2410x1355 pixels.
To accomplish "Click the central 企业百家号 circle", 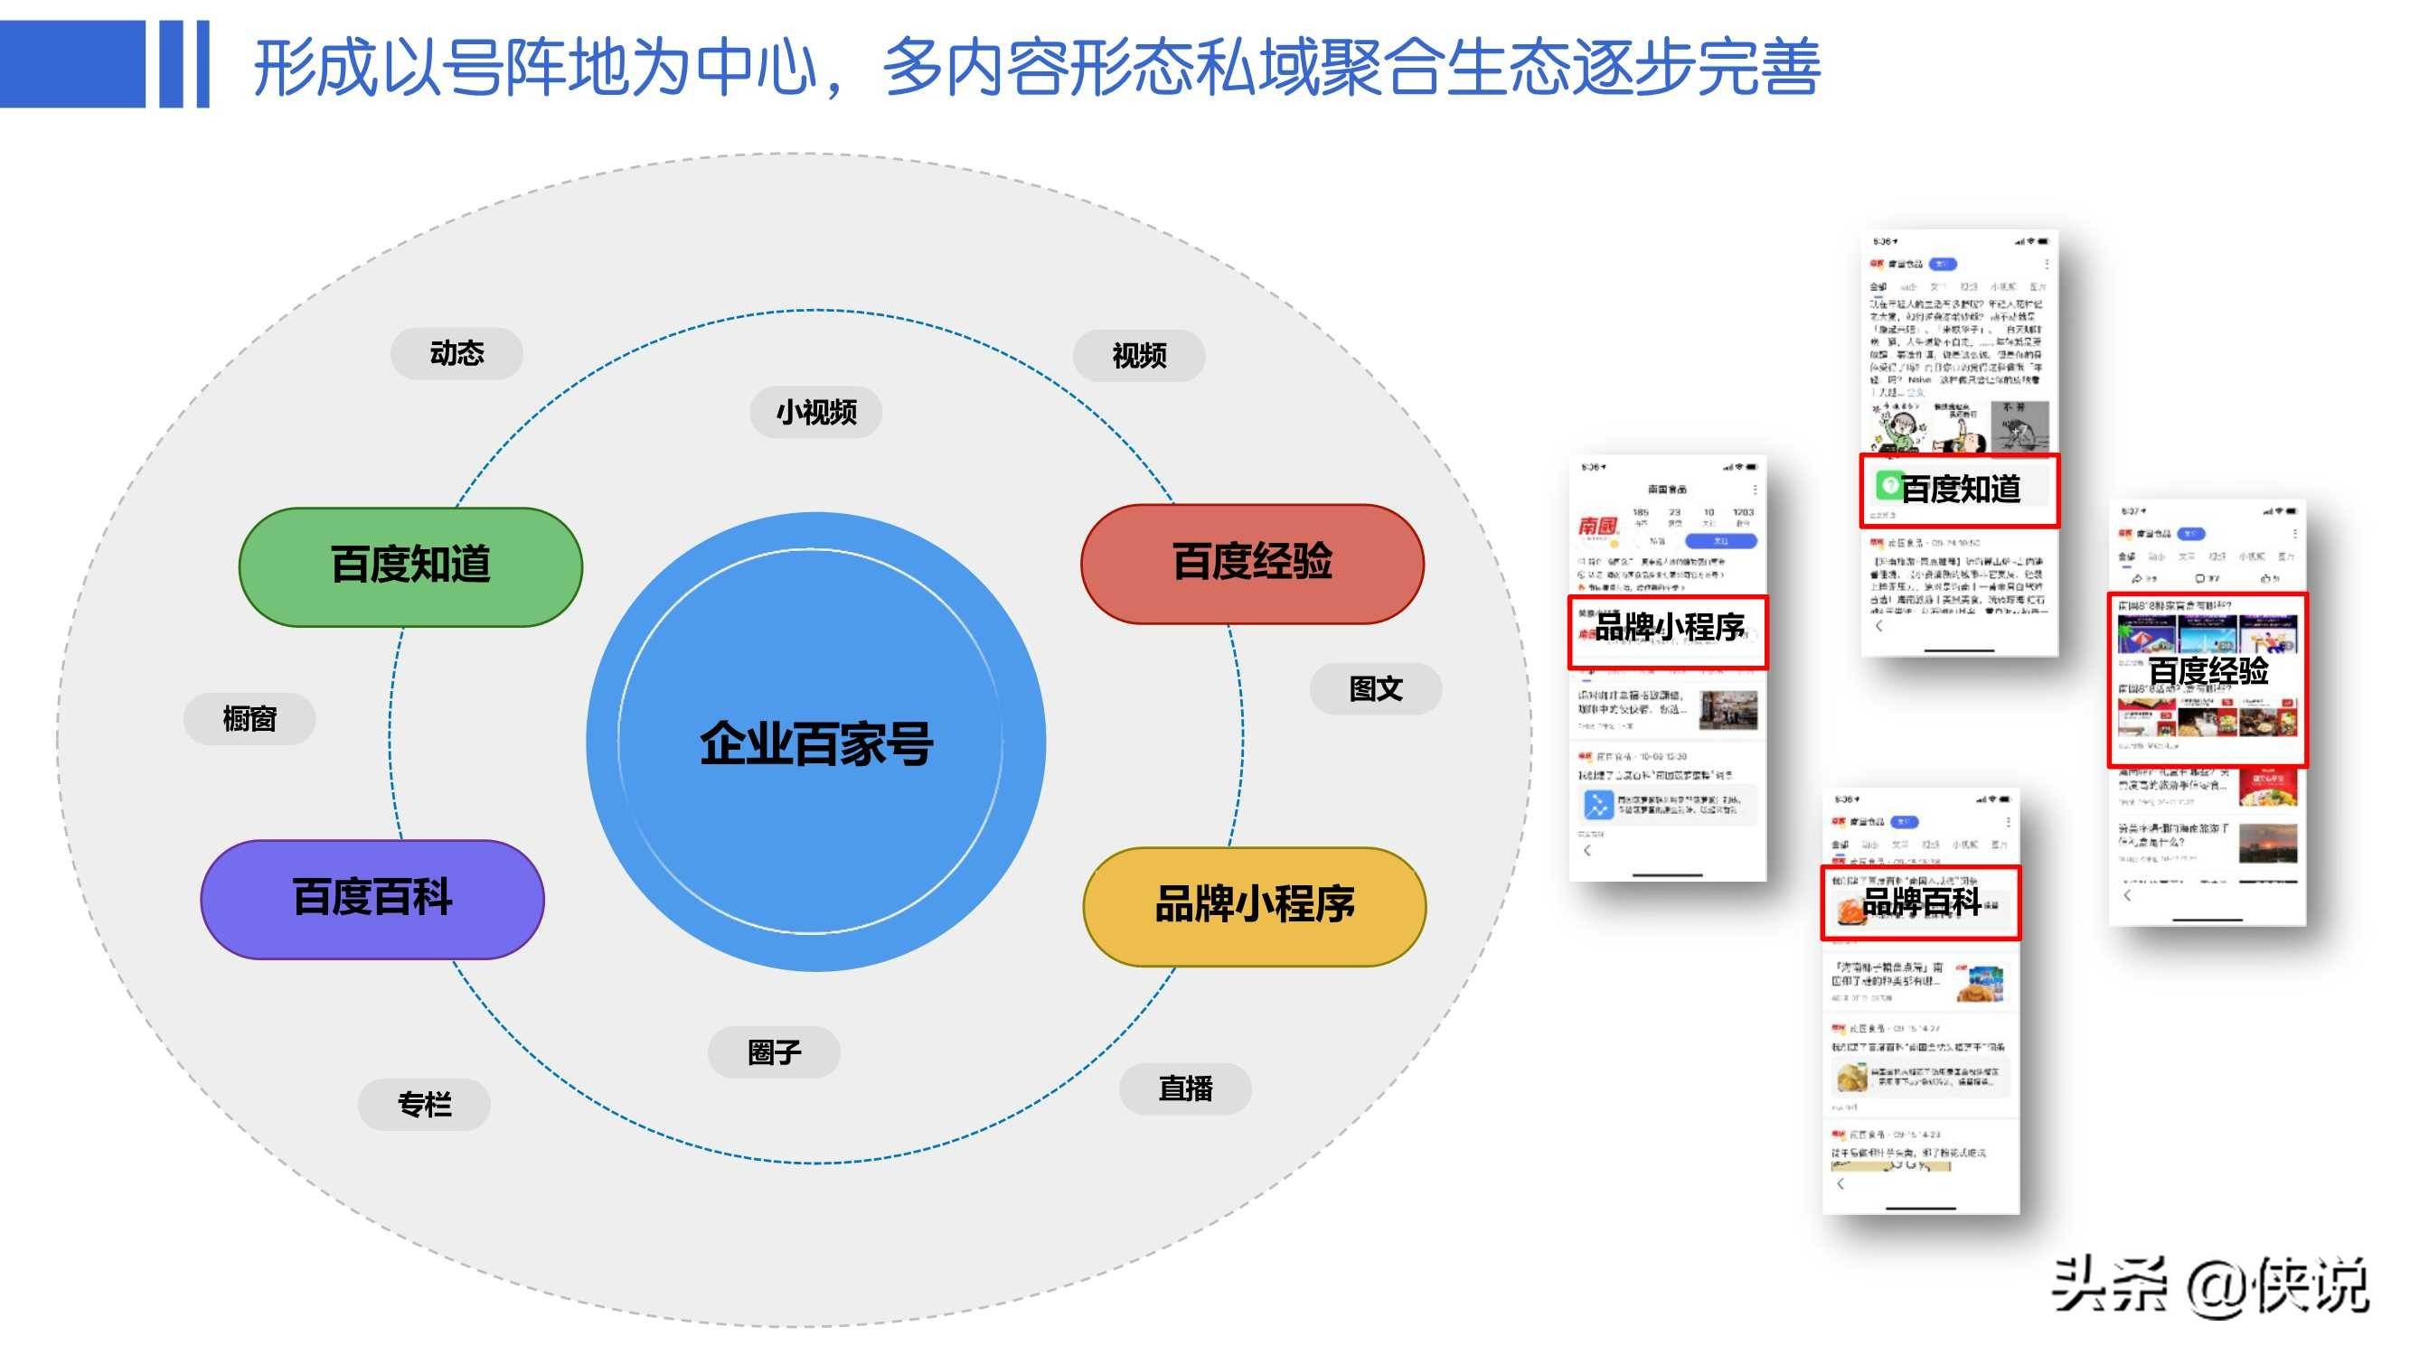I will coord(815,743).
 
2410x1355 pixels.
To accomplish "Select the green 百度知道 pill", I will coord(410,565).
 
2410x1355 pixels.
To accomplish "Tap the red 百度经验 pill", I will coord(1252,563).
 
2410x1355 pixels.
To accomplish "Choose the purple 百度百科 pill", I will coord(372,899).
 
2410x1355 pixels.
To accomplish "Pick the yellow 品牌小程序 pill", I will coord(1255,905).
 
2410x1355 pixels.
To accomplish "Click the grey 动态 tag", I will coord(457,353).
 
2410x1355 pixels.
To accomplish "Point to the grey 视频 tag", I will coord(1139,355).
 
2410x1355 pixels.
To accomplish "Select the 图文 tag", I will coord(1375,689).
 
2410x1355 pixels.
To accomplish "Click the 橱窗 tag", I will coord(249,719).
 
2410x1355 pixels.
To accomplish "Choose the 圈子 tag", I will coord(774,1052).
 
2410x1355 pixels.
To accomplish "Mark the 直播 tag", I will coord(1185,1089).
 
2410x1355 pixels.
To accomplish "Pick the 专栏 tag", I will coord(424,1105).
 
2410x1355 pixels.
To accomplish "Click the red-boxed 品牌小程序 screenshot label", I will coord(1668,630).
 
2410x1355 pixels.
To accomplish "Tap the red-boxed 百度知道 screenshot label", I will coord(1959,490).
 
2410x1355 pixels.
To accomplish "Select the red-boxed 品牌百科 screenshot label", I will coord(1921,902).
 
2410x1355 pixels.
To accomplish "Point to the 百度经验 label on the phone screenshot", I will coord(2208,670).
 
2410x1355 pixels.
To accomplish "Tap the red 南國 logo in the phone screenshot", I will coord(1598,527).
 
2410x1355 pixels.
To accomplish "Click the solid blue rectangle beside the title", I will coord(73,63).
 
